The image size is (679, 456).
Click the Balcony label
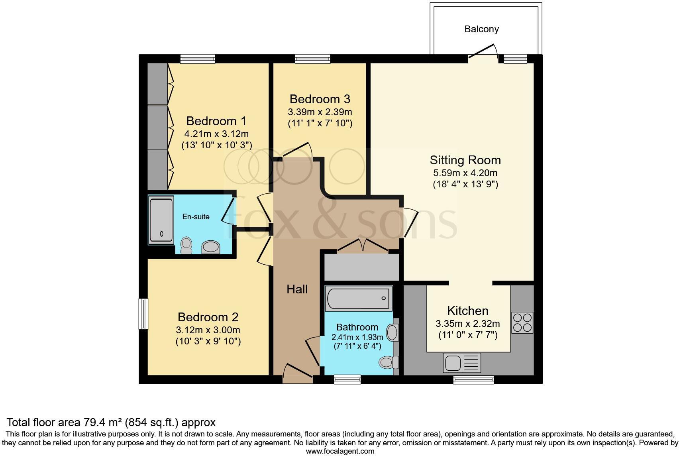(x=481, y=29)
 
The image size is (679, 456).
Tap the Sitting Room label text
(x=465, y=160)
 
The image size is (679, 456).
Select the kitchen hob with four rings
(x=522, y=322)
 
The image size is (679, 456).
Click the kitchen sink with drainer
(x=462, y=363)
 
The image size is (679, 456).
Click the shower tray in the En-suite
(x=161, y=220)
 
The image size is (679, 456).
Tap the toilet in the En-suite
(x=186, y=245)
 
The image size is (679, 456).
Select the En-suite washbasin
(x=211, y=247)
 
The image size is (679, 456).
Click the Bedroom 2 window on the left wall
(x=143, y=314)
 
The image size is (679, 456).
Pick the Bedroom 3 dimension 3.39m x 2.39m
(x=320, y=112)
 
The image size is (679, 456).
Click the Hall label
(x=297, y=289)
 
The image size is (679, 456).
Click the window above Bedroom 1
(x=198, y=59)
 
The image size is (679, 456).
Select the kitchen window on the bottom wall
(x=473, y=380)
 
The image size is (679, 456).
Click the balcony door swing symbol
(x=484, y=52)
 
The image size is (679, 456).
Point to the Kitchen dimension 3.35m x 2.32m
(x=468, y=324)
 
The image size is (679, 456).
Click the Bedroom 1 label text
(x=216, y=121)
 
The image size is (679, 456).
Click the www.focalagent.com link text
(x=340, y=451)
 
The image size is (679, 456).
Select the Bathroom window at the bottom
(x=347, y=379)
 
